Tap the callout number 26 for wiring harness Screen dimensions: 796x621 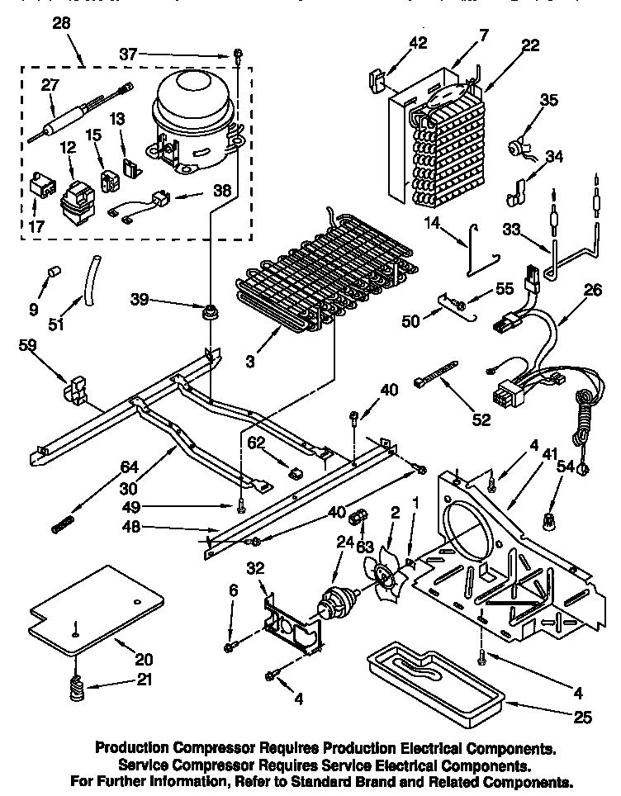(593, 291)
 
